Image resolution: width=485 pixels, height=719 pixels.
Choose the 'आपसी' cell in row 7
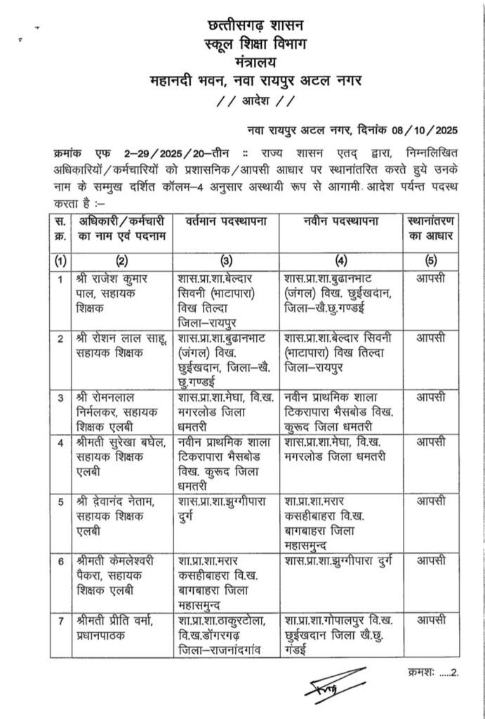tap(430, 621)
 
